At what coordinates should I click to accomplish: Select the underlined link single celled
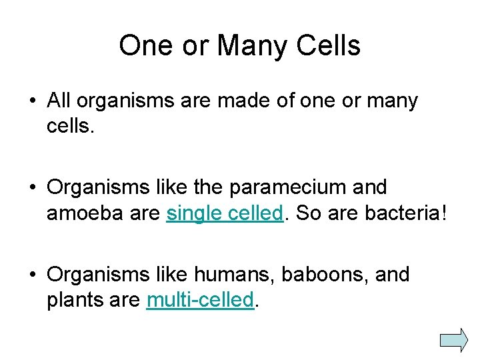[225, 213]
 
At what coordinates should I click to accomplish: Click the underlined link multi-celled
[200, 300]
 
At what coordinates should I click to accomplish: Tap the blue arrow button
[455, 339]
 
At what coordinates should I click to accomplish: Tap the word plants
[74, 300]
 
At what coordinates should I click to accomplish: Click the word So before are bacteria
[308, 213]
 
